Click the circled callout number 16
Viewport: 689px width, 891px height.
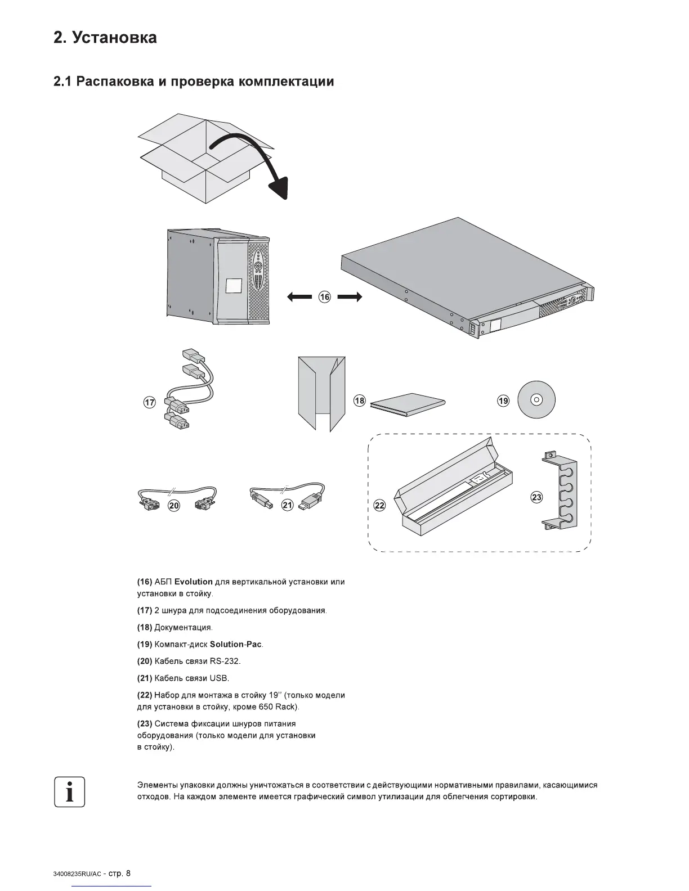(324, 297)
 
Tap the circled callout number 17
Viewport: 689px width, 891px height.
(150, 402)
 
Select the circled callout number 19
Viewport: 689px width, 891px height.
(503, 400)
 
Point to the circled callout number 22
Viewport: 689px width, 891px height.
(380, 505)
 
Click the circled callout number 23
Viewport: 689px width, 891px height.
(536, 497)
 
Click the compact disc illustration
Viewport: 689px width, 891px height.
(536, 400)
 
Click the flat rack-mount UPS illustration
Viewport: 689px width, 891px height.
(467, 278)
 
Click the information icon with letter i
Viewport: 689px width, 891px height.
(69, 792)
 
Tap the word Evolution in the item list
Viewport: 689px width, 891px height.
(193, 582)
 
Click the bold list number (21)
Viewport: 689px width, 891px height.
(145, 678)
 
